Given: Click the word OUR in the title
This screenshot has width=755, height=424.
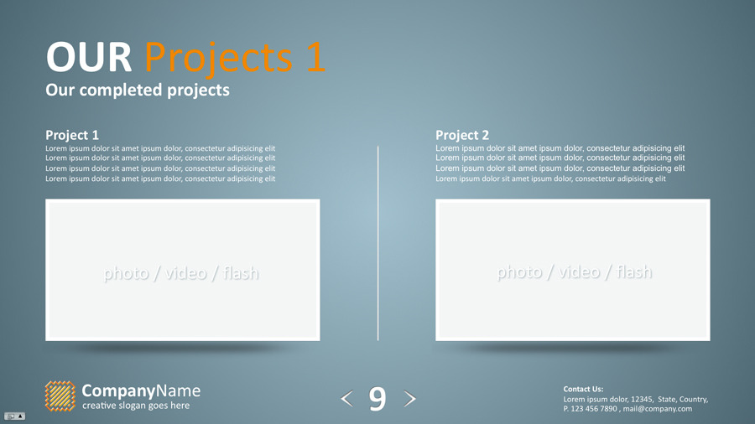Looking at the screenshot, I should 88,58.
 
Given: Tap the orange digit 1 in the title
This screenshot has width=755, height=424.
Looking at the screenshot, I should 314,58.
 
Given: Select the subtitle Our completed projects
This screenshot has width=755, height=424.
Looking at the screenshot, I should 137,90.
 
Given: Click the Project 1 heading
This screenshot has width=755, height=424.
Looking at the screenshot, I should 72,135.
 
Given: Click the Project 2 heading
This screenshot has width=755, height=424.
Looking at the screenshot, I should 462,135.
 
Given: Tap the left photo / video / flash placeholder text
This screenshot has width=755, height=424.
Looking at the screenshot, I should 181,273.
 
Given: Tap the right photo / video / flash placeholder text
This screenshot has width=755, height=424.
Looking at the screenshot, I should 574,272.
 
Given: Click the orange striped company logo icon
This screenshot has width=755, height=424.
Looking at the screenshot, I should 60,396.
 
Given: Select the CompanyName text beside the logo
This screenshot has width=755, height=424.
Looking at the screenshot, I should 141,390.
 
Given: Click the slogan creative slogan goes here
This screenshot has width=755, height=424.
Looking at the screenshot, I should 136,406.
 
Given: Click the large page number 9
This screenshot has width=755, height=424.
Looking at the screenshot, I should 377,400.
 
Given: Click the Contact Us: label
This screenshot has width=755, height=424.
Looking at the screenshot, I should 583,389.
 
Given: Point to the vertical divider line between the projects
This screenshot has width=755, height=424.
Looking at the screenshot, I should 378,243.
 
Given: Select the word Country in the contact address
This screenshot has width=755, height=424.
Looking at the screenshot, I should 693,399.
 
